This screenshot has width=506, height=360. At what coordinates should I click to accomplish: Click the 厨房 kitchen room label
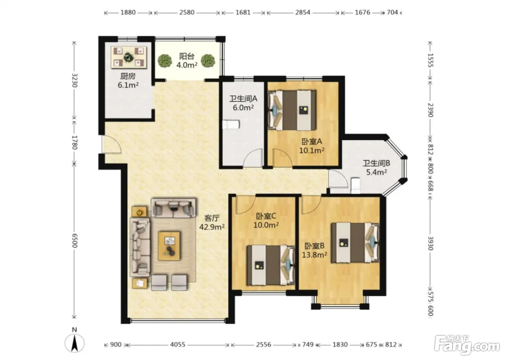point(128,76)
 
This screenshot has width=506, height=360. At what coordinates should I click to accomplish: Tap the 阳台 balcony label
point(187,56)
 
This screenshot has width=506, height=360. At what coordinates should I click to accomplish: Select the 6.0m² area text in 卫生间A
point(243,107)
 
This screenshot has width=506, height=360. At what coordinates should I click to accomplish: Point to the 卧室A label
point(312,141)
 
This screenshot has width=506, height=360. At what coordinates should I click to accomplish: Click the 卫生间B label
point(376,163)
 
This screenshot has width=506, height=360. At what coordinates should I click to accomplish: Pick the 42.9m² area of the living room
point(212,227)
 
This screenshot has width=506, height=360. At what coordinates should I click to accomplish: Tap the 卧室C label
point(266,216)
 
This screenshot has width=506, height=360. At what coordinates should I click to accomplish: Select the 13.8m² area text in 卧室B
point(314,255)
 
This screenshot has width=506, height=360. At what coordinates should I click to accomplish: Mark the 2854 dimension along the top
point(303,12)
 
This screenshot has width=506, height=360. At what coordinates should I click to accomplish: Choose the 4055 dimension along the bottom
point(177,344)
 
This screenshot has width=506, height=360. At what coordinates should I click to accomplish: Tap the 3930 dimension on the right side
point(430,243)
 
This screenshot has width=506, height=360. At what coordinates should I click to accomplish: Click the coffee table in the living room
point(169,246)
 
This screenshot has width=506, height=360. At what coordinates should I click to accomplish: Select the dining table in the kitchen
point(129,57)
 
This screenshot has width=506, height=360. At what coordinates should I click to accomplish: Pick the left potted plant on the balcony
point(164,60)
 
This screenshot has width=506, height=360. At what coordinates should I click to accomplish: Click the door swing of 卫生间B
point(338,179)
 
